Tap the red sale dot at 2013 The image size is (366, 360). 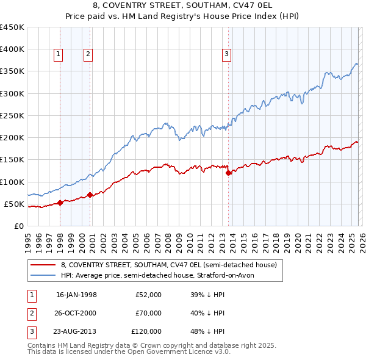[x=229, y=173]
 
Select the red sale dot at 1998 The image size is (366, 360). [x=60, y=203]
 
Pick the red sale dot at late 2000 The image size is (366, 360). [x=90, y=195]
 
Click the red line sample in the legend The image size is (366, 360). [x=44, y=265]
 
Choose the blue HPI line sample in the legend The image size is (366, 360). [x=44, y=275]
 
